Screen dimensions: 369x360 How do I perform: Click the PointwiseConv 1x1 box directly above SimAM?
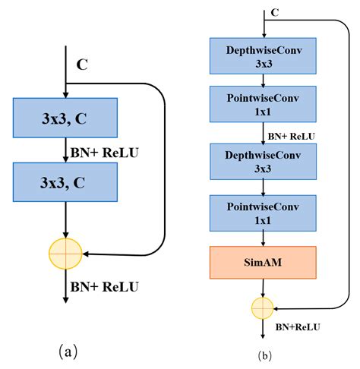click(x=263, y=213)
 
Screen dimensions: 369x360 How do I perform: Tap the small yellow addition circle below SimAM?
click(x=263, y=307)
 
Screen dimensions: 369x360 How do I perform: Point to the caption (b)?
click(x=264, y=355)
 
